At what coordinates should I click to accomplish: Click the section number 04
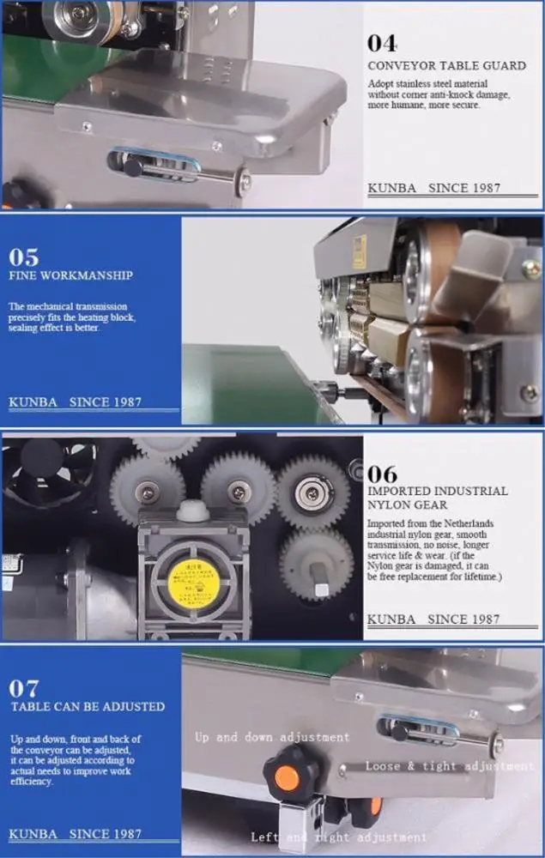381,44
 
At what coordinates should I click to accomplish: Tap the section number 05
24,257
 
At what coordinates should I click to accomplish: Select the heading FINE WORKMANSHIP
70,275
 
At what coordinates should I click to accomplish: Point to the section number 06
382,473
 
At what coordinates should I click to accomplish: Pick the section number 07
24,687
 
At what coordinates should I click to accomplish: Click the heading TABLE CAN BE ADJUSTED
87,706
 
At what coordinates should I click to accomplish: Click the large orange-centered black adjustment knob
288,777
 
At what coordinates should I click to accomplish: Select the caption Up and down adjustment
272,737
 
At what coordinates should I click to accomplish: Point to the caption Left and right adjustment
338,837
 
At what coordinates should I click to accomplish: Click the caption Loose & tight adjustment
449,765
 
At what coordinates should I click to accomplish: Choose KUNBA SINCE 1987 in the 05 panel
76,402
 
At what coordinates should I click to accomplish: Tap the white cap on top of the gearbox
192,512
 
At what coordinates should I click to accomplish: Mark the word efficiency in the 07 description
33,782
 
